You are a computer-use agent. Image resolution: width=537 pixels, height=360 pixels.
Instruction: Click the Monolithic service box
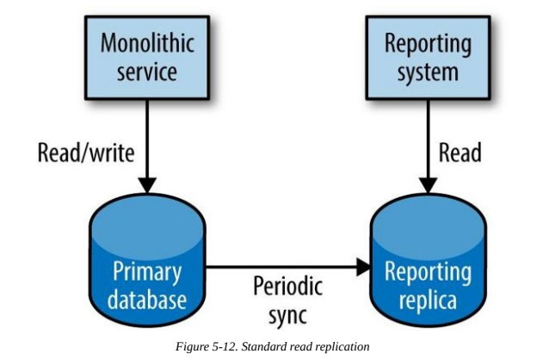(x=147, y=58)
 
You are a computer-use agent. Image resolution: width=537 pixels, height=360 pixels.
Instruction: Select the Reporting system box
(x=428, y=58)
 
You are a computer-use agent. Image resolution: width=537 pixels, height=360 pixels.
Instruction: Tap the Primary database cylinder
(x=147, y=260)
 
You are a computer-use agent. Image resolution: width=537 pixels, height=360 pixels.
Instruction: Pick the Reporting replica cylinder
(x=428, y=260)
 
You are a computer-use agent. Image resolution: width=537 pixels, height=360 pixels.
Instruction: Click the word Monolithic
(x=147, y=43)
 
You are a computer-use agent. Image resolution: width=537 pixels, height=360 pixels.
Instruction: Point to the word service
(x=147, y=72)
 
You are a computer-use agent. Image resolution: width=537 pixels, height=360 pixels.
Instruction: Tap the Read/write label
(x=86, y=153)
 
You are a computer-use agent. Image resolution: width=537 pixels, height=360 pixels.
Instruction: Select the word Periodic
(x=287, y=286)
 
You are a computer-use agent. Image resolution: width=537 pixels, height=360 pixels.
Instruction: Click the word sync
(x=287, y=315)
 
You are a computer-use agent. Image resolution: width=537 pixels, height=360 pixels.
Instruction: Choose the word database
(x=147, y=301)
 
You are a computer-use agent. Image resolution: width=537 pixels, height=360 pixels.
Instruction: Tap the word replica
(x=428, y=301)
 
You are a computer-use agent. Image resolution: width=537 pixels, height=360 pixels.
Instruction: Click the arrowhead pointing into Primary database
(x=147, y=185)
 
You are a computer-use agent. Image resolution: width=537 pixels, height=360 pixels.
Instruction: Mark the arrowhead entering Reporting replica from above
(x=428, y=185)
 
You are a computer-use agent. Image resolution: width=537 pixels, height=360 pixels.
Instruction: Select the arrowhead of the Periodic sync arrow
(x=364, y=267)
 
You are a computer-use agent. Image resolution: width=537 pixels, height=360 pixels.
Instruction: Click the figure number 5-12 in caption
(x=225, y=346)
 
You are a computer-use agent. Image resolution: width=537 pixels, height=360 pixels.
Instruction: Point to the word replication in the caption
(x=343, y=347)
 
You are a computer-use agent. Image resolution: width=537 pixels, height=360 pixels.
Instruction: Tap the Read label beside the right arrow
(x=460, y=153)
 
